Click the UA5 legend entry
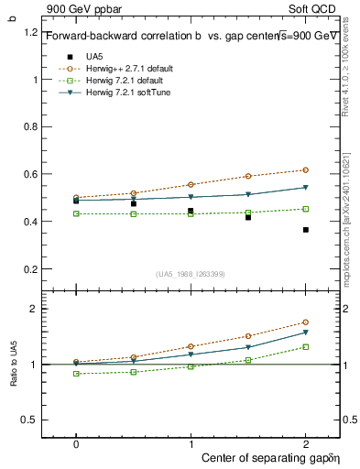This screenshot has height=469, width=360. tap(93, 56)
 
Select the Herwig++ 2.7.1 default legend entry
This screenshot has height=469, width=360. tap(125, 68)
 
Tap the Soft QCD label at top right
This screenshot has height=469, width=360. tap(315, 8)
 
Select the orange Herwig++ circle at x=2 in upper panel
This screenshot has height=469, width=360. tap(306, 170)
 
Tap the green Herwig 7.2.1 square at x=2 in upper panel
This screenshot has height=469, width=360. tap(306, 209)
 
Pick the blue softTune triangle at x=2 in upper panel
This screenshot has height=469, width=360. tap(306, 188)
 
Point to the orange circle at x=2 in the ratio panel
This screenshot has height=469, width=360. tap(306, 322)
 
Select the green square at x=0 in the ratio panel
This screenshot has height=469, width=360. tap(76, 374)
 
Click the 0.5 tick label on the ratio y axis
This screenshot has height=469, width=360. tap(30, 420)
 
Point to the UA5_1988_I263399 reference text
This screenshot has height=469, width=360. tap(191, 274)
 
